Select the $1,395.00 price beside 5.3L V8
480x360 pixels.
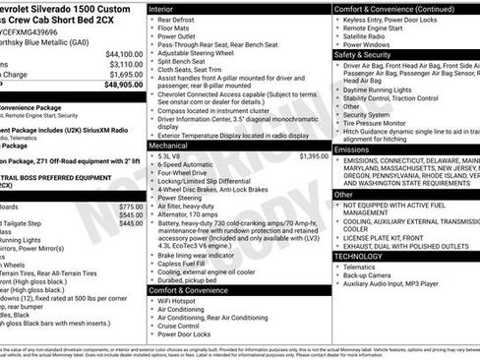(x=314, y=156)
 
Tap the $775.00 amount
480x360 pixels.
(x=131, y=208)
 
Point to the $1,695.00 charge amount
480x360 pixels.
(x=125, y=74)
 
